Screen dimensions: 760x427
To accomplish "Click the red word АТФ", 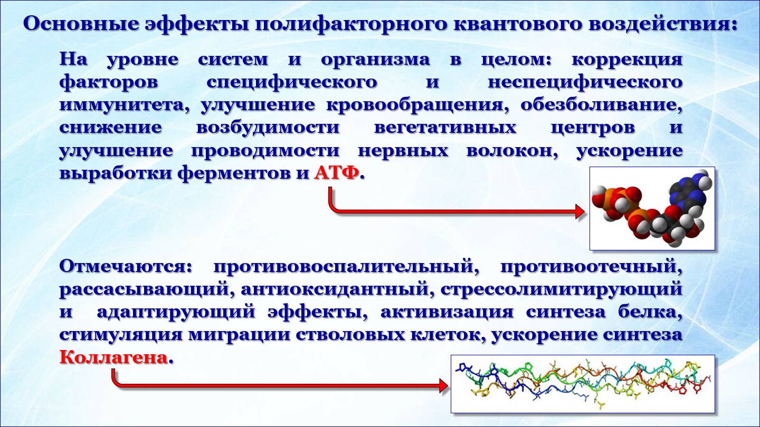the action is (336, 173).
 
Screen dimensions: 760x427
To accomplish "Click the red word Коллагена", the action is (113, 357).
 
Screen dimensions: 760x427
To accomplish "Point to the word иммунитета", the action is (125, 105).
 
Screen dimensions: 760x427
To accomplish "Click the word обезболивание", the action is (601, 104).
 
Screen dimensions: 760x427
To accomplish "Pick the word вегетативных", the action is (445, 128).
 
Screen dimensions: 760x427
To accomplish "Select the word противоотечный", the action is (591, 267).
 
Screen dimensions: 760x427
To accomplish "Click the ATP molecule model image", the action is (652, 208).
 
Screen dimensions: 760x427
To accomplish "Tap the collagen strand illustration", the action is (583, 384).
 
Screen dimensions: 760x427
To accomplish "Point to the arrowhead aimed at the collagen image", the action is (443, 386).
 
